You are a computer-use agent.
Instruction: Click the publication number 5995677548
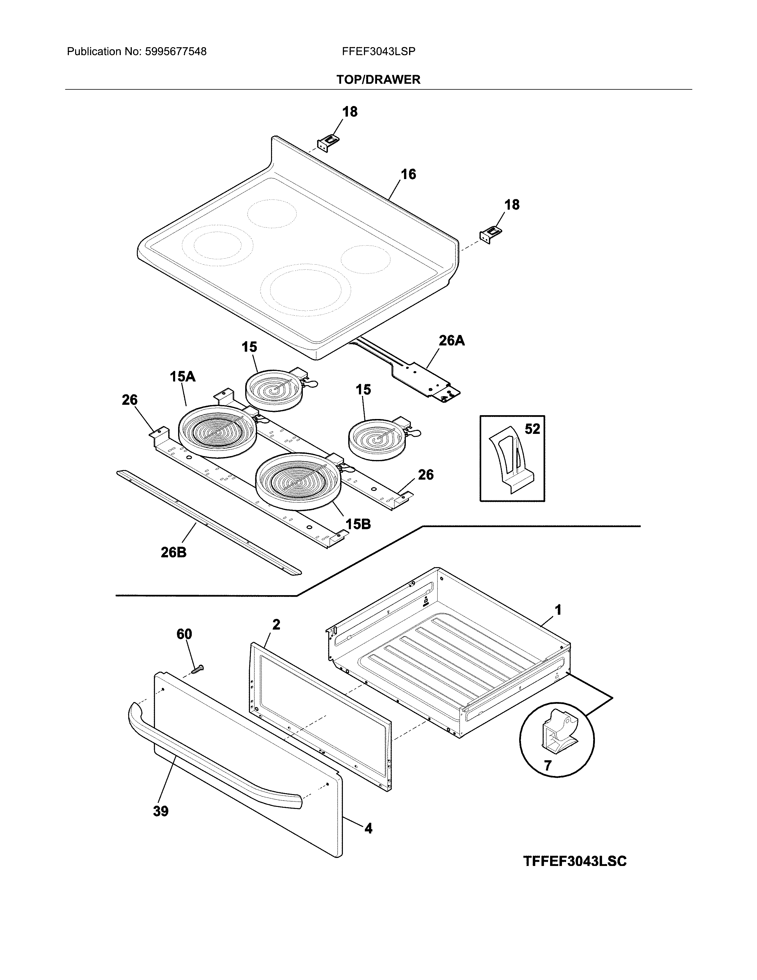pos(175,52)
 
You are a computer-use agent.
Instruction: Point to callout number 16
pos(408,174)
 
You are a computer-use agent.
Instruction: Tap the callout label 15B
pos(358,524)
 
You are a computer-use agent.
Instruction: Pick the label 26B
pos(174,552)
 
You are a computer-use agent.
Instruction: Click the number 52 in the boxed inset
pos(532,429)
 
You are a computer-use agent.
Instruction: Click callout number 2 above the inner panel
pos(276,624)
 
